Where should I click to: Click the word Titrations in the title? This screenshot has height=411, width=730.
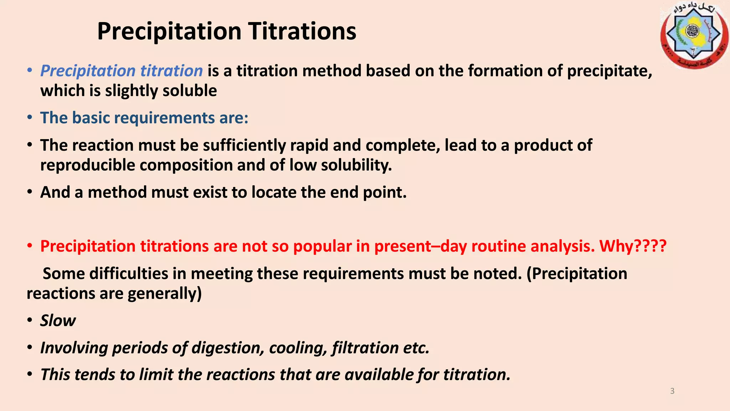tap(302, 31)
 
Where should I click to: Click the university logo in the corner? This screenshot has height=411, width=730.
tap(694, 35)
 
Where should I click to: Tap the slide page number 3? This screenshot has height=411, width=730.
tap(672, 391)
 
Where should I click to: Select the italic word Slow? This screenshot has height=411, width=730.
tap(58, 320)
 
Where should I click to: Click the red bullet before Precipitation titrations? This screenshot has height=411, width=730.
tap(30, 246)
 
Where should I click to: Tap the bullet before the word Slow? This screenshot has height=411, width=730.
tap(30, 320)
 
